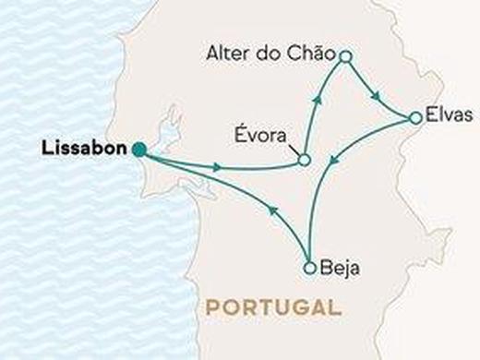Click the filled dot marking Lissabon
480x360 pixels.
point(138,150)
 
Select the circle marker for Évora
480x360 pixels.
point(303,162)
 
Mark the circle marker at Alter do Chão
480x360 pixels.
point(345,57)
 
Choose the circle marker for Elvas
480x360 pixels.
point(415,117)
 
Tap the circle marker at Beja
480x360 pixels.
point(309,269)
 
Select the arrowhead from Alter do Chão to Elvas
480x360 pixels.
point(378,95)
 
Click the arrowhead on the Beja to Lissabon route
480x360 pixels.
point(273,210)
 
